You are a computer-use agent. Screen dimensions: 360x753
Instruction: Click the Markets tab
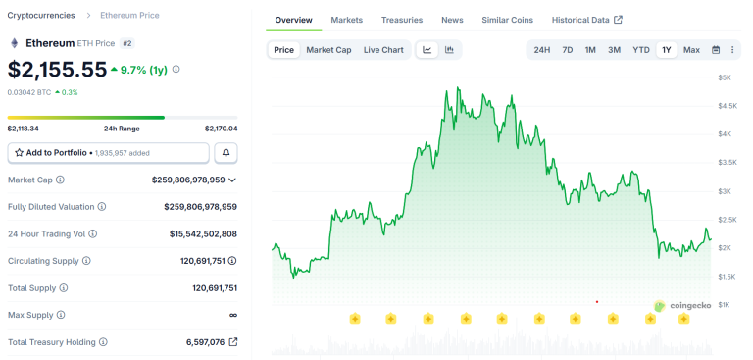(346, 20)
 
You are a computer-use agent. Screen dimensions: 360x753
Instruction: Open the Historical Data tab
(586, 20)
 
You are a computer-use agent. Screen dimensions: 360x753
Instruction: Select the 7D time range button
(567, 50)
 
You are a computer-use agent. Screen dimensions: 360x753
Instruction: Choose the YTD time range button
(640, 50)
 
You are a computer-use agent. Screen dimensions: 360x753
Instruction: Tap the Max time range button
(691, 50)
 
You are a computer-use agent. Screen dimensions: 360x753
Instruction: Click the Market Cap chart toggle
(328, 50)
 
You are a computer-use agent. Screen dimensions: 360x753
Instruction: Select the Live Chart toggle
(383, 50)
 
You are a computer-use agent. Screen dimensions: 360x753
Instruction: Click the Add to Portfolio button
(108, 153)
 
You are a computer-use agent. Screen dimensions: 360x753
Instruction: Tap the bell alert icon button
(226, 153)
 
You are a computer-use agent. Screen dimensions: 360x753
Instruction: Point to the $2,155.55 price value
(57, 70)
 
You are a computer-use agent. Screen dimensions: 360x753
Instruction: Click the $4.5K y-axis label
(728, 105)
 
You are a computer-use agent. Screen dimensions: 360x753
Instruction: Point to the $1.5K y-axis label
(728, 277)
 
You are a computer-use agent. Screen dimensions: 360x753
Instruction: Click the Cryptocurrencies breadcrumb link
(40, 16)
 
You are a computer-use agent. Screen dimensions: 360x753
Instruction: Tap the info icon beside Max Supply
(63, 315)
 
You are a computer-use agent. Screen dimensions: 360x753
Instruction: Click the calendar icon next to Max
(716, 50)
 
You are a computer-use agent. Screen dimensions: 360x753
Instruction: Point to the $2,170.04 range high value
(221, 129)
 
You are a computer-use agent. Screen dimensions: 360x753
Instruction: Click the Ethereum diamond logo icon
(14, 43)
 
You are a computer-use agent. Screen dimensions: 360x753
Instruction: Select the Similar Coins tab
(507, 20)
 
